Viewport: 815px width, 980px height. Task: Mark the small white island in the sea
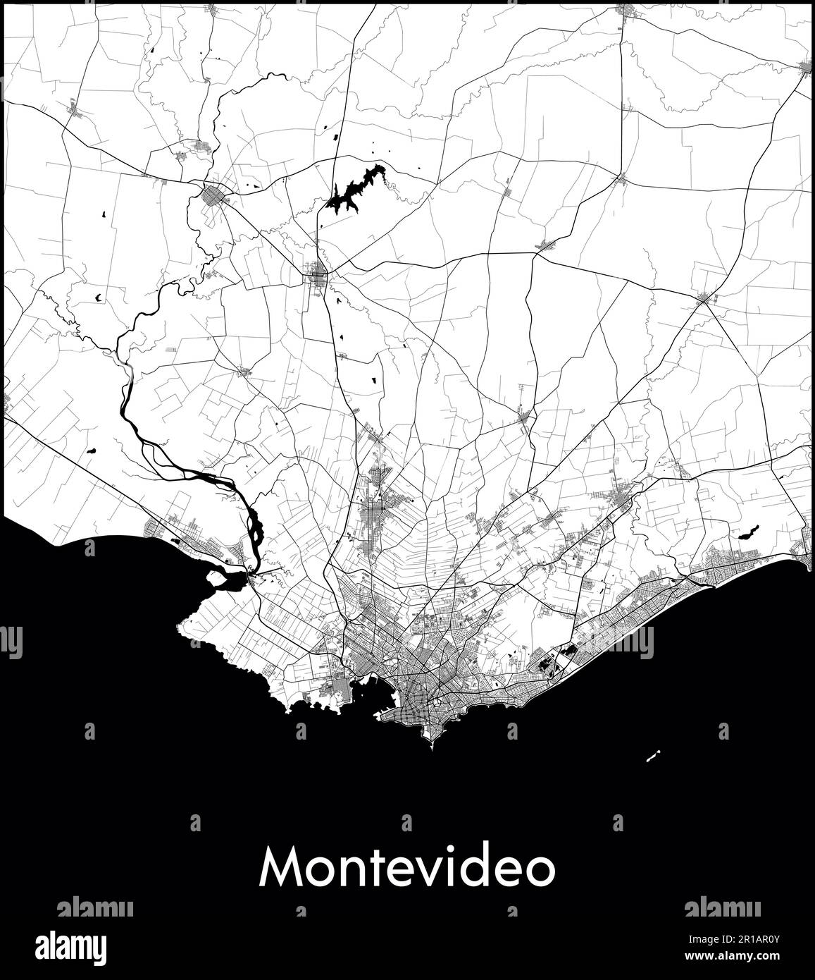pyautogui.click(x=652, y=757)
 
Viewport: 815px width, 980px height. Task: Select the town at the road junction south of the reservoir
pyautogui.click(x=318, y=271)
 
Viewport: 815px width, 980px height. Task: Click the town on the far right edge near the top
pyautogui.click(x=807, y=67)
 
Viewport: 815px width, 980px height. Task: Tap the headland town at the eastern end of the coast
pyautogui.click(x=806, y=558)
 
